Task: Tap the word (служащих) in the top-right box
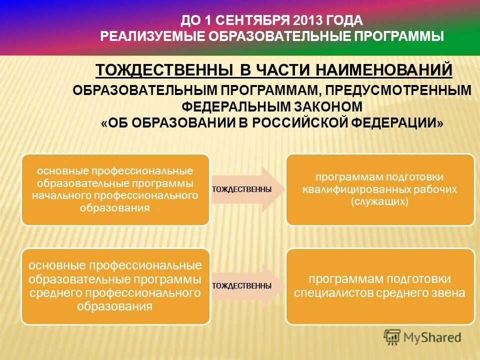coord(379,201)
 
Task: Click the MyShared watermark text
coord(433,338)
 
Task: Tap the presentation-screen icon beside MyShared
coord(392,337)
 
